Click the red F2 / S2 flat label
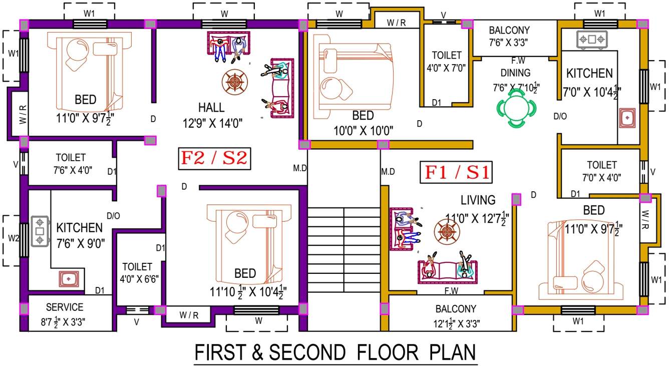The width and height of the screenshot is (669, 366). tap(214, 158)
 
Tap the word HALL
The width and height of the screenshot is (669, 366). tap(211, 108)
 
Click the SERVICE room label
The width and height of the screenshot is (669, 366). tap(65, 307)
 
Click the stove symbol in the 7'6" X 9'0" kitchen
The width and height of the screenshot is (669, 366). tap(40, 231)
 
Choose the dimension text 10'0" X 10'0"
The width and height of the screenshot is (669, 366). tap(363, 131)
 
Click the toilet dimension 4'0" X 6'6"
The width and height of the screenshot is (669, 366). tap(137, 279)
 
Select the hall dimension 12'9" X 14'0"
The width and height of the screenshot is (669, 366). tap(213, 123)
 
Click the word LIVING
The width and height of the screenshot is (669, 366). tap(478, 200)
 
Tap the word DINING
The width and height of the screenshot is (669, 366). tap(515, 73)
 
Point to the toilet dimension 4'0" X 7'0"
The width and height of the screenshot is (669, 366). tap(446, 67)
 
